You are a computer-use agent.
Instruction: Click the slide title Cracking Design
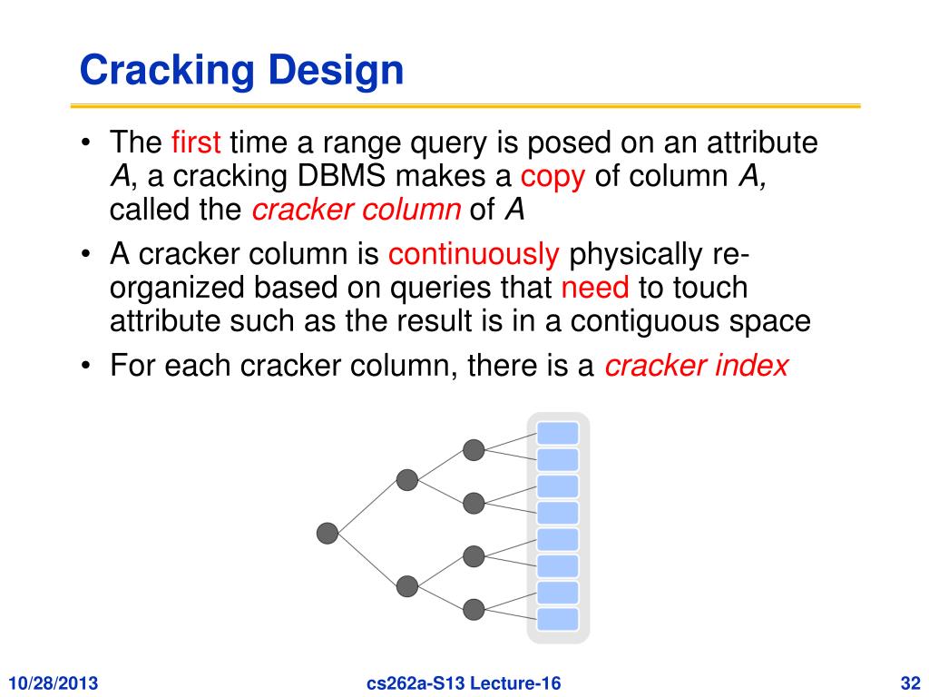[241, 71]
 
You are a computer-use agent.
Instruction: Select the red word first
[196, 143]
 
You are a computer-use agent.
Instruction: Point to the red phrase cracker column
[357, 210]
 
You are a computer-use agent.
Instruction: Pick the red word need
[595, 289]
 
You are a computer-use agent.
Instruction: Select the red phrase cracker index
[696, 367]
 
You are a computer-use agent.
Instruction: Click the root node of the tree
[328, 534]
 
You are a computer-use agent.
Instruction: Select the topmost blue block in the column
[557, 433]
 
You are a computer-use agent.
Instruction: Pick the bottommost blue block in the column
[557, 619]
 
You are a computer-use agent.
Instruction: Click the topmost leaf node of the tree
[474, 449]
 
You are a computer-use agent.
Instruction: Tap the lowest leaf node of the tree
[474, 609]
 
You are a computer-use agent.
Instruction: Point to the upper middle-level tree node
[407, 480]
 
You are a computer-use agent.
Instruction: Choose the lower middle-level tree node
[407, 586]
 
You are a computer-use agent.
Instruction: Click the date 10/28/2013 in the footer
[54, 682]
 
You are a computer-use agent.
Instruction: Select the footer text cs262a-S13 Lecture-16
[463, 682]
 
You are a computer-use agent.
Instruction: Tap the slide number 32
[908, 682]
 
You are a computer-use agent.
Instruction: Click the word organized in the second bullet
[177, 289]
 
